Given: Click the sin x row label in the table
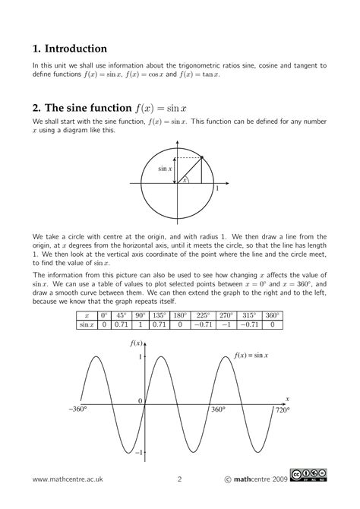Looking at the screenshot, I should pos(87,325).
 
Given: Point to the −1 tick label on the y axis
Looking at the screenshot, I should pos(137,453).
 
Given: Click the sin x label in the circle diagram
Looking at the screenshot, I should pos(165,169).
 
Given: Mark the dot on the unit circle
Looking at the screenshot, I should pos(201,156).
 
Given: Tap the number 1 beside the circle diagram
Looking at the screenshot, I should pos(217,188).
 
